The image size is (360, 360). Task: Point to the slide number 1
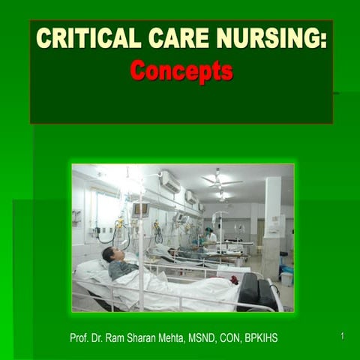342,337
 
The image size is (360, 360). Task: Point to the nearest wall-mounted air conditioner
170,181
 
